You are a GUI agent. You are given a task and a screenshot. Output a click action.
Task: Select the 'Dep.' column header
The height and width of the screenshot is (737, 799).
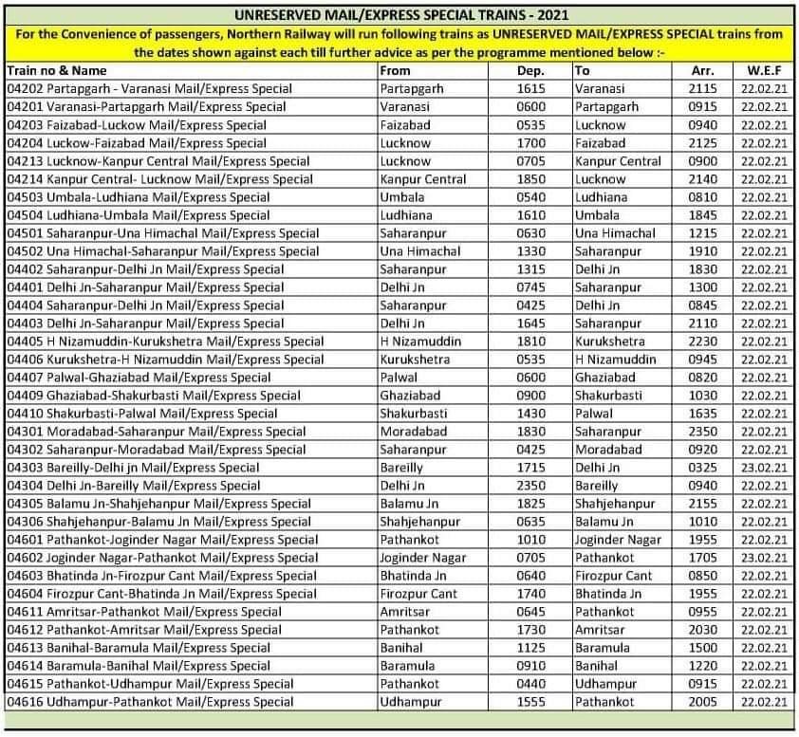pos(530,70)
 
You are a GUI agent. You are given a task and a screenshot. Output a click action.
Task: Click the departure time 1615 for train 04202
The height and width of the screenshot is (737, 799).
pos(530,88)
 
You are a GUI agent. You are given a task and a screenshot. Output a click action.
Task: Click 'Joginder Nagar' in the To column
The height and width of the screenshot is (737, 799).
pos(618,540)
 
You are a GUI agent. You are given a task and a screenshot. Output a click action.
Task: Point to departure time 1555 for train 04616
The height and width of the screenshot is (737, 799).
pos(530,702)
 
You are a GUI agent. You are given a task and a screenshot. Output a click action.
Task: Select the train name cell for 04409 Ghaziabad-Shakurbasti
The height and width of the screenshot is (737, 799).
pos(154,396)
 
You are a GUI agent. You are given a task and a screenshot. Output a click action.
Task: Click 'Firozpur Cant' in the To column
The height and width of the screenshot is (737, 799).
pos(613,576)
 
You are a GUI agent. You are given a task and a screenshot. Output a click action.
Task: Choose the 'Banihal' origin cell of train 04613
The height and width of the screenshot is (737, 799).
pos(400,648)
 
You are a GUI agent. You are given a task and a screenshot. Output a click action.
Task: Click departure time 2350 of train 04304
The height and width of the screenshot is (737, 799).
pos(530,486)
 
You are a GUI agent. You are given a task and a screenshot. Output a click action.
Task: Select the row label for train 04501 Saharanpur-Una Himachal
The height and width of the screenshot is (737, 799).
pos(163,233)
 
